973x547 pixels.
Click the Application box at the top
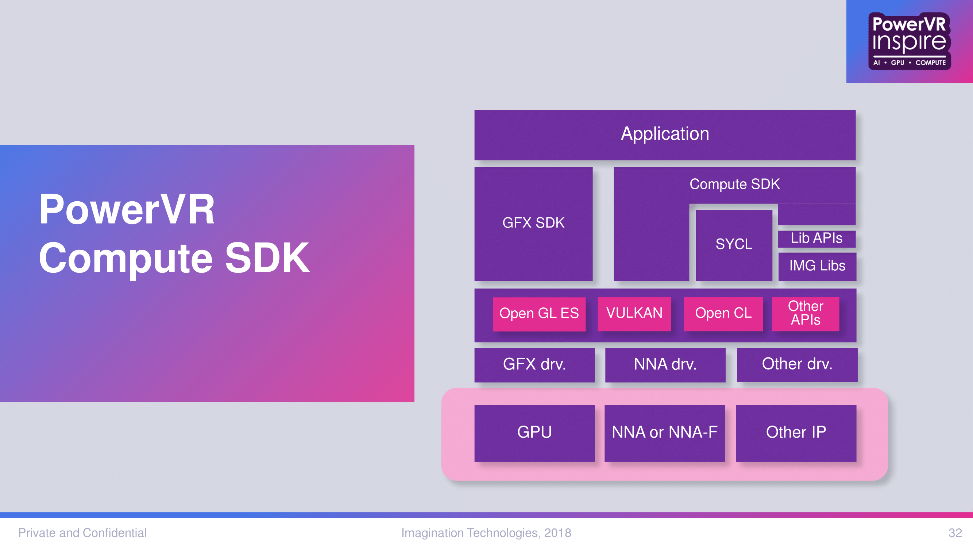tap(665, 135)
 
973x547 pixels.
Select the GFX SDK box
tap(533, 224)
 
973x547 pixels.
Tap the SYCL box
tap(734, 245)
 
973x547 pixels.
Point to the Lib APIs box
tap(816, 238)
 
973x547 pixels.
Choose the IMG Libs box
tap(817, 267)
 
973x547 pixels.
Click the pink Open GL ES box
tap(539, 314)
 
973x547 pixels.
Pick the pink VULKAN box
tap(634, 314)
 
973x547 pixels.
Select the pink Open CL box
tap(723, 314)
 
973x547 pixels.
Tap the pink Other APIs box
tap(805, 314)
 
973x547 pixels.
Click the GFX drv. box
tap(534, 365)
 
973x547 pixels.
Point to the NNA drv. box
tap(665, 365)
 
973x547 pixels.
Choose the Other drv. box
tap(797, 365)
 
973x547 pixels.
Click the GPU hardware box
tap(534, 433)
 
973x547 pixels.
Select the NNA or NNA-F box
tap(664, 433)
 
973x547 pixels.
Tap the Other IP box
tap(796, 433)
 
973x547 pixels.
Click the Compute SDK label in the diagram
tap(735, 184)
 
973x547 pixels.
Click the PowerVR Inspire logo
tap(910, 41)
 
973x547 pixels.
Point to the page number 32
tap(955, 533)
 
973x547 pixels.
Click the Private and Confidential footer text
tap(82, 533)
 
